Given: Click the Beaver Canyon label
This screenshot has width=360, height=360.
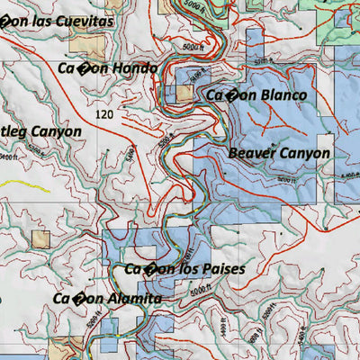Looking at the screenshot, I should [x=278, y=153].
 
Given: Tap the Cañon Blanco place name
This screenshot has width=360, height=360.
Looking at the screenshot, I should [x=256, y=95].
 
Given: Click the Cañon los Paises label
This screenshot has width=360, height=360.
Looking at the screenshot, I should [x=184, y=268].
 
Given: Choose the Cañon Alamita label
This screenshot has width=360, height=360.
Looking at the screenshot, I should [x=106, y=299].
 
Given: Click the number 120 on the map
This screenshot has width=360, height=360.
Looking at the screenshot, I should [x=105, y=115].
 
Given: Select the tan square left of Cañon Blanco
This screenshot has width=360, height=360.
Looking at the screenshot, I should [x=184, y=93].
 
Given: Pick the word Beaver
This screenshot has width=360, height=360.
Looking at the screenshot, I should [x=251, y=153].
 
